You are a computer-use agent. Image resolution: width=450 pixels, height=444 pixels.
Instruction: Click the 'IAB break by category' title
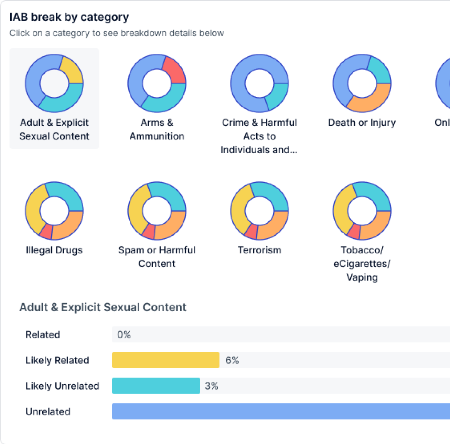coord(69,17)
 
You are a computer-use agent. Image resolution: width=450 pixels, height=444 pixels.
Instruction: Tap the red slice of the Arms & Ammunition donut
coord(175,70)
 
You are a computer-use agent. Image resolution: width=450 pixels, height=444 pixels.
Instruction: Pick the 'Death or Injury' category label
coord(362,123)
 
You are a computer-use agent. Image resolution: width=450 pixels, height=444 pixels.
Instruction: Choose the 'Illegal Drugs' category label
coord(54,250)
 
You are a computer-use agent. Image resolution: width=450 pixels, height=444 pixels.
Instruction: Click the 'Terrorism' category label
coord(259,250)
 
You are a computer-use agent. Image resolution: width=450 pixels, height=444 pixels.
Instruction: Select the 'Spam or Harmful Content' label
coord(157,257)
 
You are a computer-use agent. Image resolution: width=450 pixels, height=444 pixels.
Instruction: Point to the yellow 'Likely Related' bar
coord(165,360)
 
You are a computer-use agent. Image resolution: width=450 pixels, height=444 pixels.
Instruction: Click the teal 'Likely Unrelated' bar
coord(156,385)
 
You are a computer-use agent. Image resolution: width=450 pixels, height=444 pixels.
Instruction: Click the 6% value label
coord(232,360)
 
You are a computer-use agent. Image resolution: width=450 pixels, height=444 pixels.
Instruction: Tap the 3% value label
coord(211,386)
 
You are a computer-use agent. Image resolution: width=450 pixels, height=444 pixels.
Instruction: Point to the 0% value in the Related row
coord(124,335)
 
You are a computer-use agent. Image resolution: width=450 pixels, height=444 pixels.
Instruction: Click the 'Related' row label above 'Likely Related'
coord(43,335)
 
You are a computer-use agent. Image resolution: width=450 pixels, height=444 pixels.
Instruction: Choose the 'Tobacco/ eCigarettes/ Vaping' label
coord(362,264)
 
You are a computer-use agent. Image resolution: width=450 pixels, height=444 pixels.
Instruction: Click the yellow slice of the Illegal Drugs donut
coord(33,210)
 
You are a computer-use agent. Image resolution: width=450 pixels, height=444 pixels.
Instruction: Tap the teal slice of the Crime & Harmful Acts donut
coord(277,96)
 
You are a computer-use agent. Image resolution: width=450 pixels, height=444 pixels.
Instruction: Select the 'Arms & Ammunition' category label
coord(157,129)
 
